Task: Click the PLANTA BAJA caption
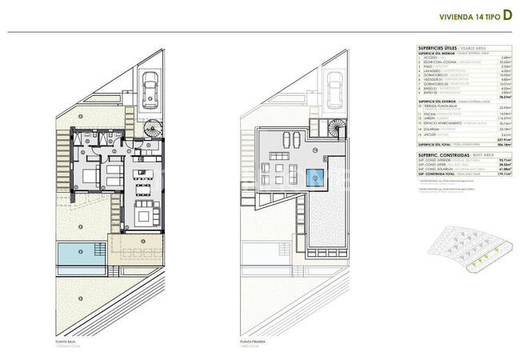tap(66, 342)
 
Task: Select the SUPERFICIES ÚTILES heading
tap(437, 48)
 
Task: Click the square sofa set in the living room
tap(146, 213)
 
